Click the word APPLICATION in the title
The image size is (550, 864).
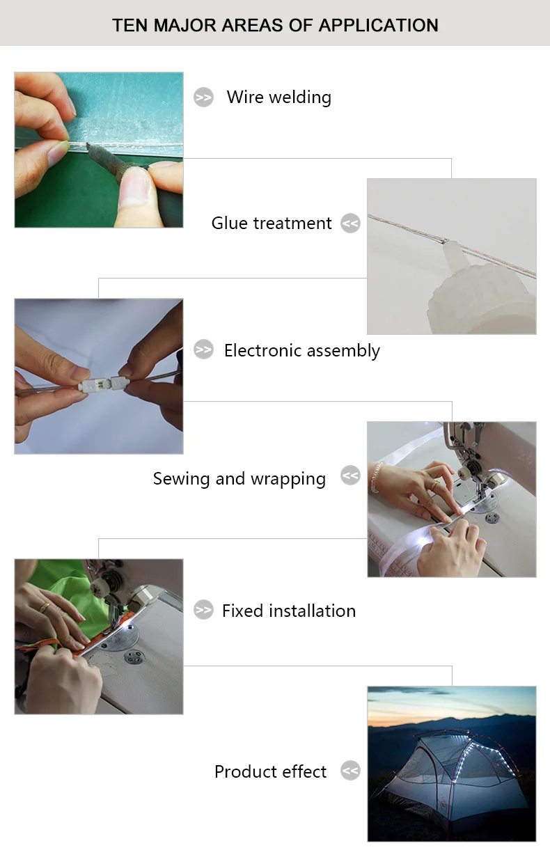(378, 26)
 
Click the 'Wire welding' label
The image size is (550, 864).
(279, 97)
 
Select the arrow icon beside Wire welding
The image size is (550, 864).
(203, 97)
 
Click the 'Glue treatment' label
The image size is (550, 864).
(272, 223)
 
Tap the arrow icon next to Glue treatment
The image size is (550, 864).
(350, 223)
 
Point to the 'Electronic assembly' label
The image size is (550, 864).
(302, 351)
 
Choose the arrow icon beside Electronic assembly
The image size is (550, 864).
(203, 349)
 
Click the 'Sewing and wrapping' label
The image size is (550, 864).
(239, 479)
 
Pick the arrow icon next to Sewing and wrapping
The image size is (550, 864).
(350, 476)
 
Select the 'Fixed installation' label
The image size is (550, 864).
(289, 611)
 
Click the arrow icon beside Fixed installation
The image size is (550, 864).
(203, 610)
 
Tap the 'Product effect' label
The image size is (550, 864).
(270, 772)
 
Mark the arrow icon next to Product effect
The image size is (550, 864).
(350, 770)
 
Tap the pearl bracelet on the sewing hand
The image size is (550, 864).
(375, 477)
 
